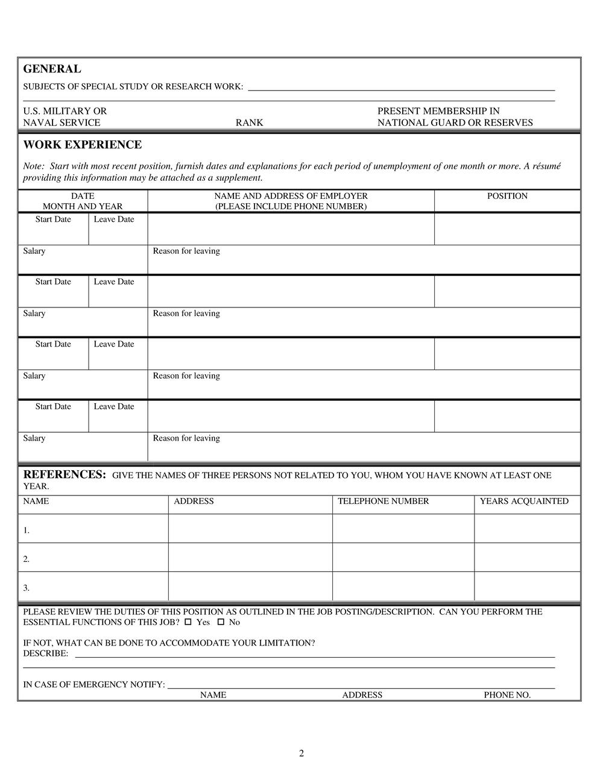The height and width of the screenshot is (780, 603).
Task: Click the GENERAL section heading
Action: pos(52,69)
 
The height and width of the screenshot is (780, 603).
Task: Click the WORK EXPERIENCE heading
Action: pos(83,145)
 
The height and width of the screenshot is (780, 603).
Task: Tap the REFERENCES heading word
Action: pos(65,474)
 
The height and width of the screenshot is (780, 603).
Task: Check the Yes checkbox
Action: pos(188,622)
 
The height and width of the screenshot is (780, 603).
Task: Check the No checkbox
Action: pos(221,622)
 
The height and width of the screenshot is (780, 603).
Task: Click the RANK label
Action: pos(249,123)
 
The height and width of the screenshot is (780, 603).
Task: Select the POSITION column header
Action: pos(507,197)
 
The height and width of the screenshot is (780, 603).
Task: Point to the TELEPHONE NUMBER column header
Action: pos(384,502)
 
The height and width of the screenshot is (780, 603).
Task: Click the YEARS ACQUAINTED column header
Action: pos(524,502)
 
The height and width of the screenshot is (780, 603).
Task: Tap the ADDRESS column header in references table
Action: pos(194,502)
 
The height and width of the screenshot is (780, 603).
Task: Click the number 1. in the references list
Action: pos(27,531)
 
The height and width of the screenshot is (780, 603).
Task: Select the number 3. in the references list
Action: pos(27,588)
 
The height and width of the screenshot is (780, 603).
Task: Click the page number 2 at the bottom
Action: pos(301,753)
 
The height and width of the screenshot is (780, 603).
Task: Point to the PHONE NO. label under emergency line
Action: pos(507,695)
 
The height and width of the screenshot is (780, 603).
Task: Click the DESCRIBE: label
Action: pos(46,654)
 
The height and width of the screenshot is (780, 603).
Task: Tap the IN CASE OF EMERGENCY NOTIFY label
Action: pos(94,685)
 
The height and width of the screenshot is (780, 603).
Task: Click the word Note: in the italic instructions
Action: pos(34,166)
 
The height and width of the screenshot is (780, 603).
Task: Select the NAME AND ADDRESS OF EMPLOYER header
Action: pos(291,197)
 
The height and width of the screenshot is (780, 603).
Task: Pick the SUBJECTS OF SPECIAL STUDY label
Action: pos(133,87)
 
